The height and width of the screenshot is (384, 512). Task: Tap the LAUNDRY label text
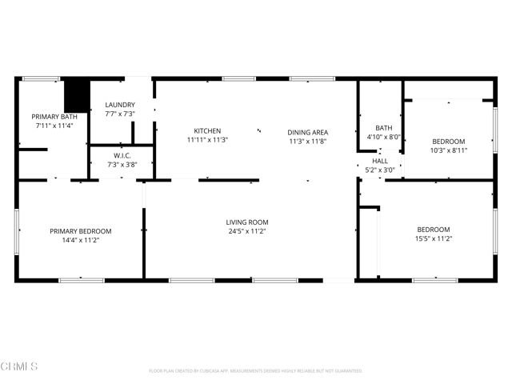120,105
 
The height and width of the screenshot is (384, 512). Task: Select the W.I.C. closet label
122,156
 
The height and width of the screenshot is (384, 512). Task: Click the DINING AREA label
308,132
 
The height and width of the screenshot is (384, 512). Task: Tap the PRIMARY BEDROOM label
81,231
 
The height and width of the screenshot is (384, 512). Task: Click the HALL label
379,161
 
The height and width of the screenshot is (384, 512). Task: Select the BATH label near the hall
383,128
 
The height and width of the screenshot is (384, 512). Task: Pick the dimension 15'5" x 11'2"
433,238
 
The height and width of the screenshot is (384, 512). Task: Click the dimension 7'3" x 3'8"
122,165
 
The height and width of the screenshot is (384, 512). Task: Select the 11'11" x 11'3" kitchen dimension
207,140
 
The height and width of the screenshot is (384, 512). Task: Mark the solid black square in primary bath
76,96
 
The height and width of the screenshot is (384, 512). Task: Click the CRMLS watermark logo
19,366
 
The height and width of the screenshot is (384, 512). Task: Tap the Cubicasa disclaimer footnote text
256,371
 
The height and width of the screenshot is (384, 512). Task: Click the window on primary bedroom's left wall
17,231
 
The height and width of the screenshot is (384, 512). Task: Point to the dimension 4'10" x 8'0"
383,137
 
